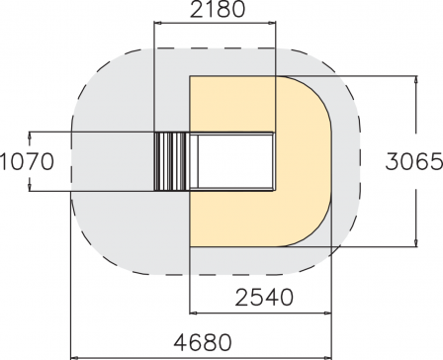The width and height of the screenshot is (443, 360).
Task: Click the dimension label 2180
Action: [x=218, y=10]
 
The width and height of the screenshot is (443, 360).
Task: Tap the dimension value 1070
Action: [x=27, y=161]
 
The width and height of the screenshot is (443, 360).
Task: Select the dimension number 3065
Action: [x=414, y=161]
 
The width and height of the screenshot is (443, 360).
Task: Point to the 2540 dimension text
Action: [x=264, y=297]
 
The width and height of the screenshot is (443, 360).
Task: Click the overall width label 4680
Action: [x=203, y=342]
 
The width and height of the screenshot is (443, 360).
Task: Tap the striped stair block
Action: [x=172, y=161]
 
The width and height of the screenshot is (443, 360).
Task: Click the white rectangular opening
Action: [x=235, y=161]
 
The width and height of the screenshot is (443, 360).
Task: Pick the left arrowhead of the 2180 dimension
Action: [x=157, y=23]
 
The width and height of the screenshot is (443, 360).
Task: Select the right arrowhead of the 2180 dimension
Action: [x=273, y=23]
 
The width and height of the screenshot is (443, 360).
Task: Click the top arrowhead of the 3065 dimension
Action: [x=416, y=79]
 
